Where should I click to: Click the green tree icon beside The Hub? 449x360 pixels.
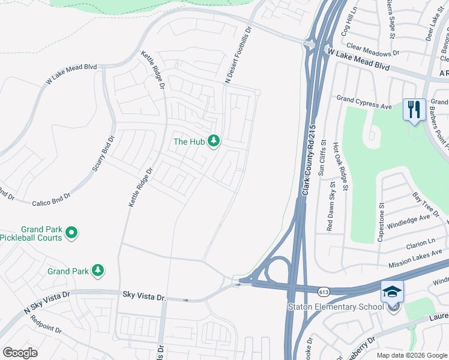(x=213, y=141)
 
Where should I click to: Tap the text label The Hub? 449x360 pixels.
(x=188, y=142)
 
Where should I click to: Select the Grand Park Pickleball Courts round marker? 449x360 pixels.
(x=71, y=233)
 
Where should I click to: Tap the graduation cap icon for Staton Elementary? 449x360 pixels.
(x=392, y=292)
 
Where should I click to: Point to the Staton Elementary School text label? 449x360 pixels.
(x=336, y=308)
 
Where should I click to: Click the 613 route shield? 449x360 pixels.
(x=324, y=291)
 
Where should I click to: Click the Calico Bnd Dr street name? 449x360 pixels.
(x=51, y=196)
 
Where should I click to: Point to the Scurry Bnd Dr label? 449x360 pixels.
(x=101, y=154)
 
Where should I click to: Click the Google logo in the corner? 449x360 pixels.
(x=20, y=353)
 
